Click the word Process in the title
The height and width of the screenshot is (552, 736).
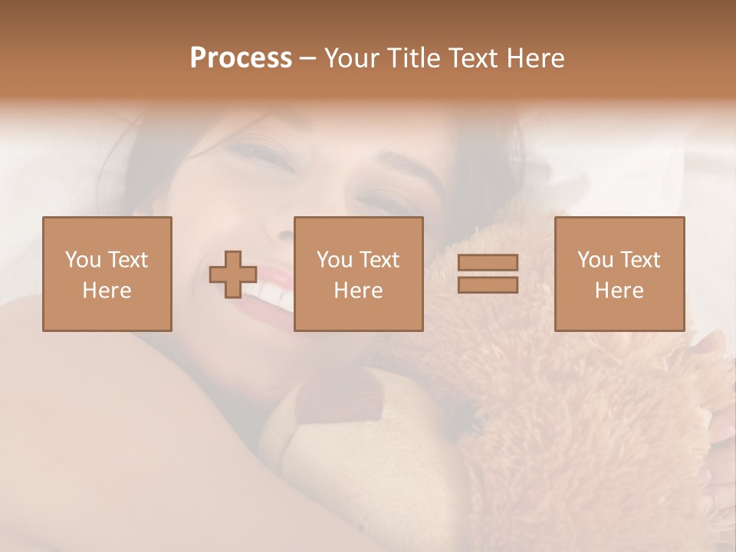click(x=241, y=58)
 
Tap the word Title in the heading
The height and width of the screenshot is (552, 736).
click(x=412, y=58)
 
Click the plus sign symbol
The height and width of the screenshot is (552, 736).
click(x=234, y=274)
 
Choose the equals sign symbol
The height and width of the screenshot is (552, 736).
click(x=488, y=274)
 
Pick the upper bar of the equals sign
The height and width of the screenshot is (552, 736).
click(x=488, y=263)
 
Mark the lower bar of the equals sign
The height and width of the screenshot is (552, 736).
click(x=488, y=284)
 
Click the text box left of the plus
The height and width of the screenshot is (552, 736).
click(x=107, y=274)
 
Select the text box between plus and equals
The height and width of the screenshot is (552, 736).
click(x=359, y=274)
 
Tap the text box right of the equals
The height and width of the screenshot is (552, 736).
click(x=619, y=274)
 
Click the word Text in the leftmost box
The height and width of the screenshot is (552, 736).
click(x=127, y=260)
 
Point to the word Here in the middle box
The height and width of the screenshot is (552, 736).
click(x=359, y=291)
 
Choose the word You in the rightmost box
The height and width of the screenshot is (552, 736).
click(x=596, y=260)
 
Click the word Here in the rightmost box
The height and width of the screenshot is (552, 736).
click(x=619, y=291)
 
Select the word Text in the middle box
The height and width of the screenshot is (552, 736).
click(x=379, y=260)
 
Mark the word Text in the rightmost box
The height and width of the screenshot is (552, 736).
click(x=640, y=260)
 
